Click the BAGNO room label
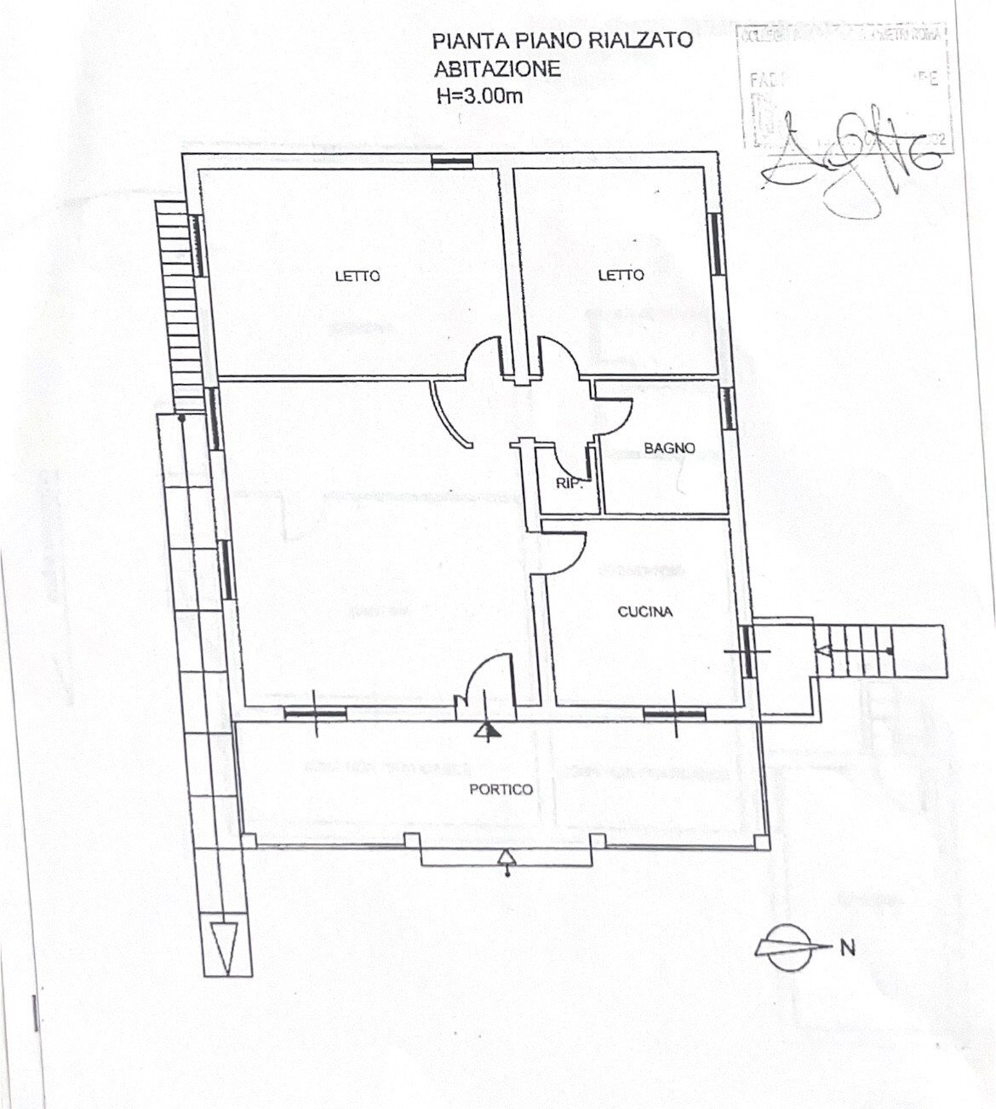669,447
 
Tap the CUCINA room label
645,612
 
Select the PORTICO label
501,790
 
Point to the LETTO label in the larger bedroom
357,276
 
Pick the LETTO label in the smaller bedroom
621,275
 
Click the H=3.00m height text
479,96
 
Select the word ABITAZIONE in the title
497,68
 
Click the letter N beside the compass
848,947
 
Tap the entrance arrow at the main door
486,729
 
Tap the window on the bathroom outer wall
729,408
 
